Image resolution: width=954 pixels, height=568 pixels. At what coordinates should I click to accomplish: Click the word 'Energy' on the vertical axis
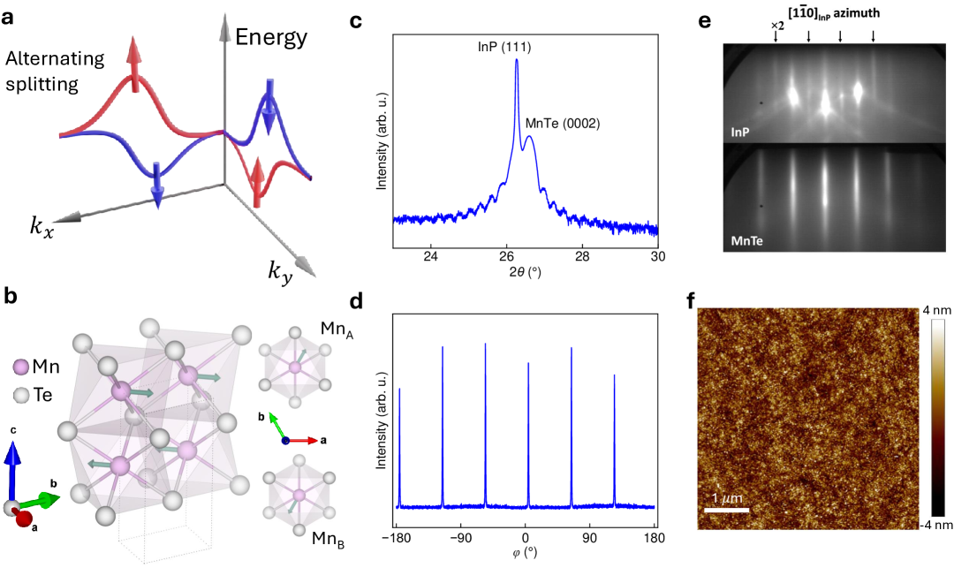pos(271,37)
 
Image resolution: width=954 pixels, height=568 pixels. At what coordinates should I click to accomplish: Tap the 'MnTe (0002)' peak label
pos(563,124)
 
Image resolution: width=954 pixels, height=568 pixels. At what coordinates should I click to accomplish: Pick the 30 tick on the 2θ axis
pos(657,256)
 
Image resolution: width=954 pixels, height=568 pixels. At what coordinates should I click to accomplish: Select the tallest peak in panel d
pos(485,345)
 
